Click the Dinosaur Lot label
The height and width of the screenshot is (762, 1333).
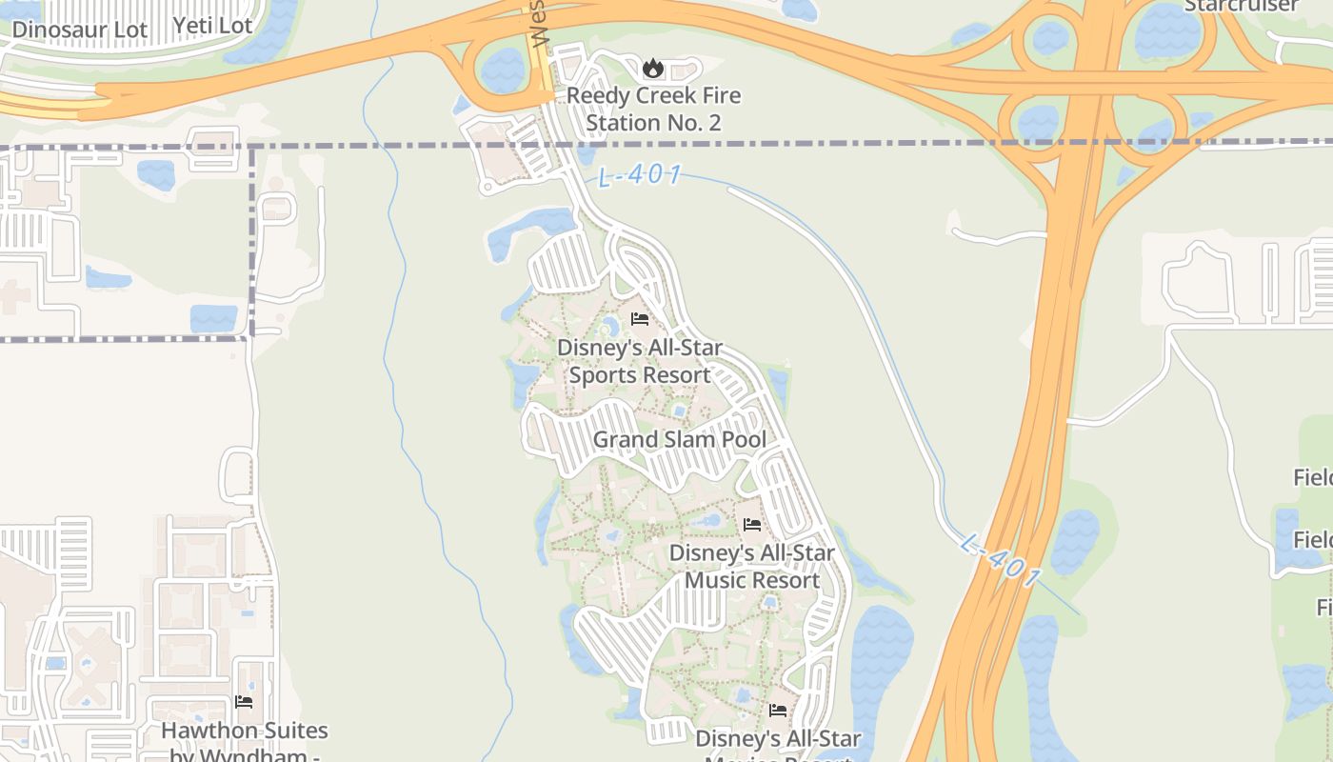tap(80, 30)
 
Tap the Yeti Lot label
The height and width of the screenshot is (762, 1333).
tap(212, 26)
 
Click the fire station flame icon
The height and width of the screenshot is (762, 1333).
tap(652, 68)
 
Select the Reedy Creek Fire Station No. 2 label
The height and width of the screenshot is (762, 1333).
tap(653, 110)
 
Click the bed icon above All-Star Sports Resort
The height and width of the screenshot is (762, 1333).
tap(640, 319)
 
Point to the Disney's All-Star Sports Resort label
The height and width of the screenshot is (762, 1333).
tap(640, 361)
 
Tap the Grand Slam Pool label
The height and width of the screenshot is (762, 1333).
tap(680, 439)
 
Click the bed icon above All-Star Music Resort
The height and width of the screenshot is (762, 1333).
tap(752, 524)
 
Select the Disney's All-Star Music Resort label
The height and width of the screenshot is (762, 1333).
tap(752, 567)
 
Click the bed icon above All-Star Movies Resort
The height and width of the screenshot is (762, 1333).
tap(778, 710)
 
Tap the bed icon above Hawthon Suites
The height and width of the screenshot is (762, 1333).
tap(244, 702)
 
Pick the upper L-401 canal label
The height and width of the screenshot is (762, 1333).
tap(640, 176)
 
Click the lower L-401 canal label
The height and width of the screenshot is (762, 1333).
tap(1002, 562)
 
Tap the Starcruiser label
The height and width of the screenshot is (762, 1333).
tap(1241, 6)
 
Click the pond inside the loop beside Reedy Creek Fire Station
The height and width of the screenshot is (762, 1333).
tap(503, 70)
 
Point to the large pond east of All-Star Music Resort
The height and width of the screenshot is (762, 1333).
tap(878, 667)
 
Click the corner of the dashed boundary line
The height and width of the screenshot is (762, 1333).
tap(252, 146)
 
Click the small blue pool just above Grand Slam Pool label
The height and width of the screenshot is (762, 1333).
tap(679, 411)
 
